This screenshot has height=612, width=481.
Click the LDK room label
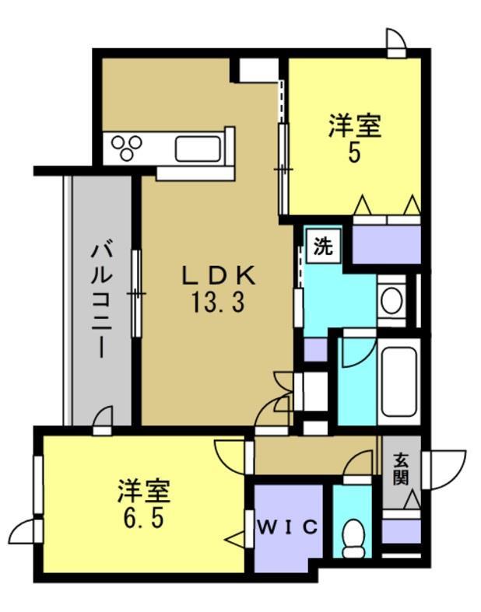point(218,275)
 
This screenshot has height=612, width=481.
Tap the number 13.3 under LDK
point(218,301)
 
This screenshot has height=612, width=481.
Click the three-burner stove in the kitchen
point(127,147)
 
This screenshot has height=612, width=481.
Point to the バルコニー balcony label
point(100,299)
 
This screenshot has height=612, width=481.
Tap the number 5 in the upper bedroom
point(354,152)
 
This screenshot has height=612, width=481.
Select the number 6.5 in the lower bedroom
point(144,517)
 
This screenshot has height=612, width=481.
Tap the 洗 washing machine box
point(322,247)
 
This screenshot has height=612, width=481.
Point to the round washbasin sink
point(391,299)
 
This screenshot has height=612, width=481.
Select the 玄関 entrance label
point(401,469)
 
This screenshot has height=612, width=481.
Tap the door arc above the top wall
point(395,40)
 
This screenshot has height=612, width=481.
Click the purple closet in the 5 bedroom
point(386,242)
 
